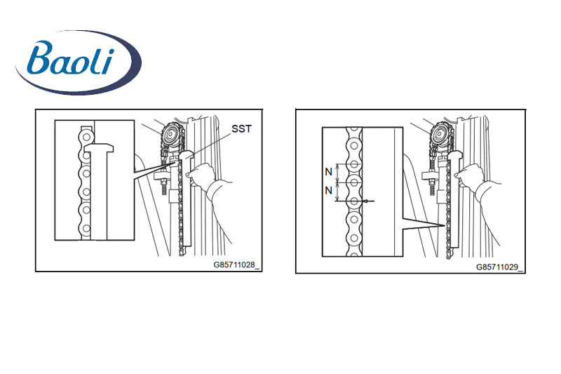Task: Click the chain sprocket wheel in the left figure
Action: pyautogui.click(x=170, y=134)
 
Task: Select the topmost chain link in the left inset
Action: pyautogui.click(x=86, y=132)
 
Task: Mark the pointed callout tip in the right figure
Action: pyautogui.click(x=446, y=225)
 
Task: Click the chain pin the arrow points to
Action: pyautogui.click(x=354, y=201)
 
